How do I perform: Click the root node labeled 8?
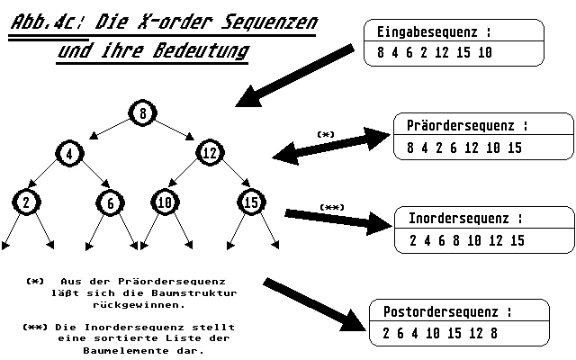[143, 113]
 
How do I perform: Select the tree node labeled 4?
[68, 153]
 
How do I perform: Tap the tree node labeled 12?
[210, 153]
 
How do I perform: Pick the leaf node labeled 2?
[26, 202]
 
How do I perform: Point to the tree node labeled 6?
[110, 203]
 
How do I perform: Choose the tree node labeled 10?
[164, 202]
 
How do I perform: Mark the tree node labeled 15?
[249, 202]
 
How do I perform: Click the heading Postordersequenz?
[444, 312]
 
